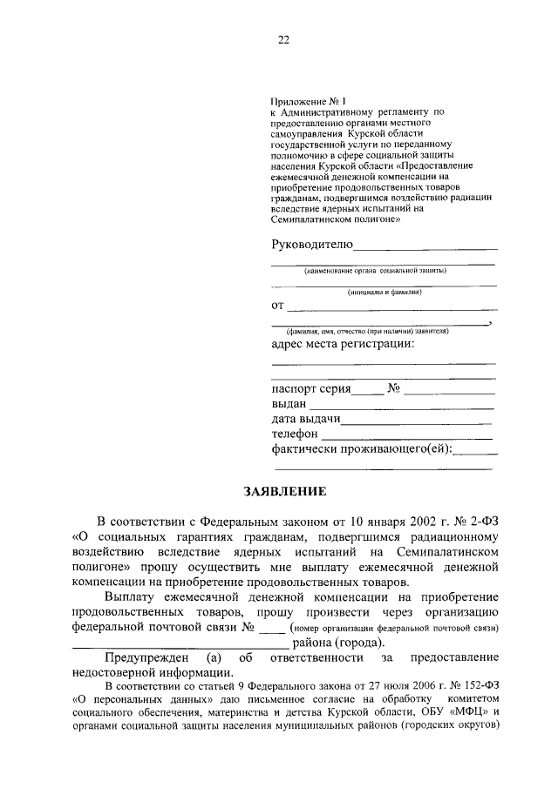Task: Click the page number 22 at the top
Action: pos(283,39)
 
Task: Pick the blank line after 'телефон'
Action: pos(405,436)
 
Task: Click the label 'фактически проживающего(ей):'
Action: pos(363,448)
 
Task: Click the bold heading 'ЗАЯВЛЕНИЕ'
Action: pos(284,492)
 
